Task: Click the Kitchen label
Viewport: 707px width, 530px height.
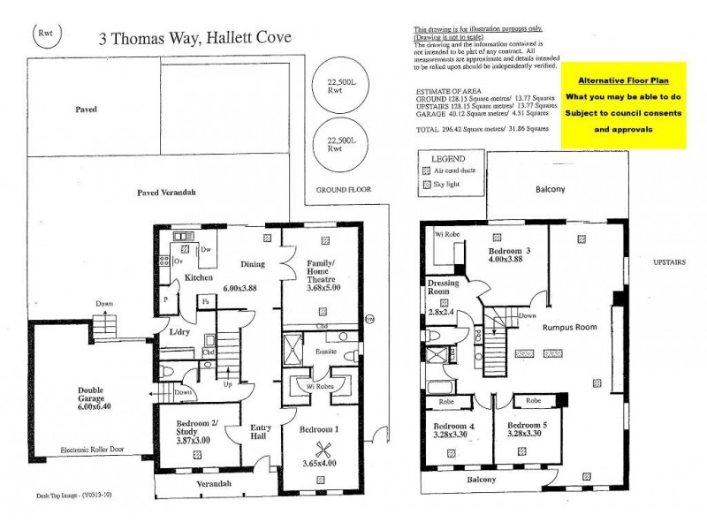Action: tap(201, 278)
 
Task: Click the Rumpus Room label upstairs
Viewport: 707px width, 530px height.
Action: tap(569, 327)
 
